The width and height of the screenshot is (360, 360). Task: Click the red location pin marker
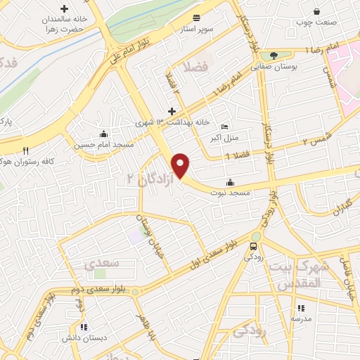point(181,165)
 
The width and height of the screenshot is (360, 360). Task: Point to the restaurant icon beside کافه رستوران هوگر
point(26,150)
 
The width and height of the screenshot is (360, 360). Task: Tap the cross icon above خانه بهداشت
point(172,111)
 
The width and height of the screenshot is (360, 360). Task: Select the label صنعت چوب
point(317,22)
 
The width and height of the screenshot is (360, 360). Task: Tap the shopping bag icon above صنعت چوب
point(317,11)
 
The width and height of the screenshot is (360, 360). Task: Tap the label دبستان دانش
point(84,337)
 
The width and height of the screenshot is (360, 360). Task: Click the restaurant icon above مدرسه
point(302,308)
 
